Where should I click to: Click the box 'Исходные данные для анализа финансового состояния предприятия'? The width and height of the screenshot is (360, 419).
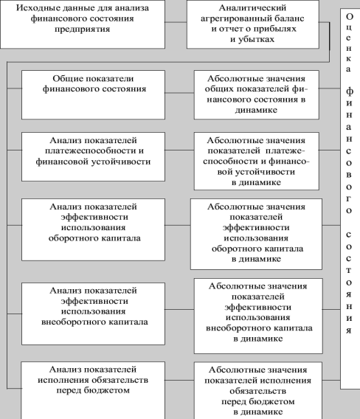coord(83,24)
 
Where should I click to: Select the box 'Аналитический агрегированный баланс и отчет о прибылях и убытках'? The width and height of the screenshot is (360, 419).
coord(253,24)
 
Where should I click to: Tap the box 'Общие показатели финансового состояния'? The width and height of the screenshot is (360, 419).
coord(93,95)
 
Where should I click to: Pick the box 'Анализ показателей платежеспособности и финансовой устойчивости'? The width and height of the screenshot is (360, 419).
coord(93,156)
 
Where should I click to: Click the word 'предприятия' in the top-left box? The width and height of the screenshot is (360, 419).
coord(83,29)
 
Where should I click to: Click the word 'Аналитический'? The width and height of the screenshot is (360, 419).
coord(252,8)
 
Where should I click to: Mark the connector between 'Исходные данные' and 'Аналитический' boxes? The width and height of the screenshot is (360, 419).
coord(176,22)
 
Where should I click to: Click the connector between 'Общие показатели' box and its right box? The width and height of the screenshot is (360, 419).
coord(179,93)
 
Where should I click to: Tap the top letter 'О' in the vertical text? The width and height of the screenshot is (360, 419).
coord(350,16)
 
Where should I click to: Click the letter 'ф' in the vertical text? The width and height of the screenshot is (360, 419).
coord(350,91)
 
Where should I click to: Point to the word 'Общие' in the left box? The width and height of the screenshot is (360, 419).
coord(68,79)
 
